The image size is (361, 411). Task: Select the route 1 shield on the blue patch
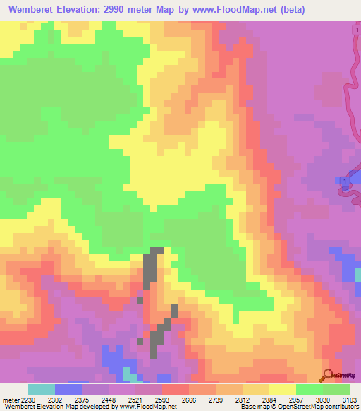pos(344,183)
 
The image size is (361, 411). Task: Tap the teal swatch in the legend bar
pos(41,389)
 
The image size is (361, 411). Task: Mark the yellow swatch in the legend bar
pos(282,389)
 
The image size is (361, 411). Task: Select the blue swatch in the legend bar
pos(68,389)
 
